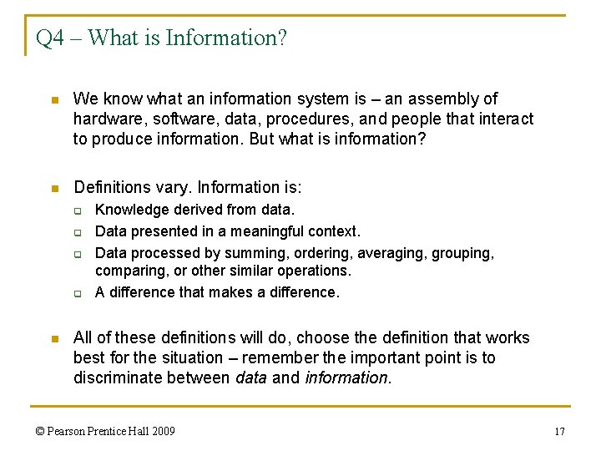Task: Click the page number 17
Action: coord(560,432)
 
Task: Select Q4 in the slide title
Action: coord(50,38)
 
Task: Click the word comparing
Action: coord(127,271)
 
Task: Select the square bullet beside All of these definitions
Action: coord(54,339)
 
